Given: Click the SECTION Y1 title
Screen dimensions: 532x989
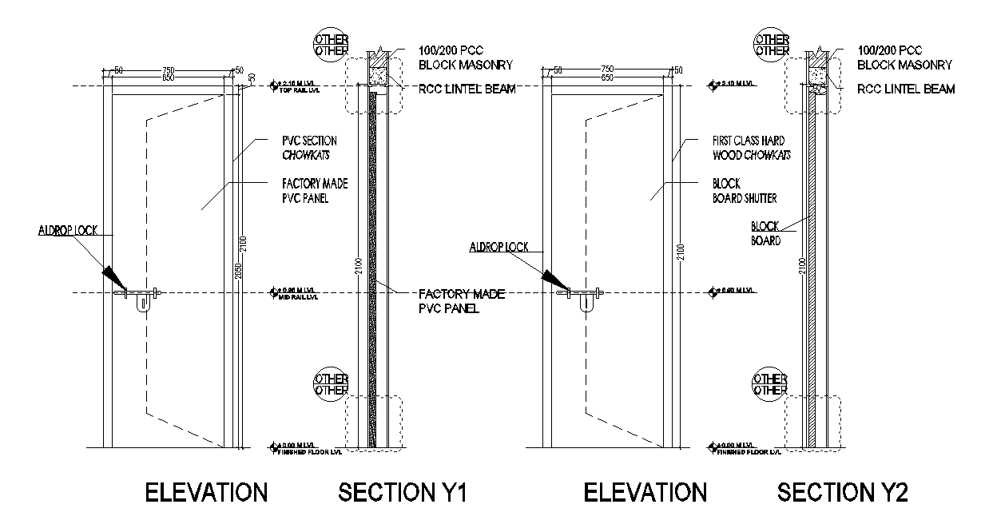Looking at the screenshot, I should tap(402, 493).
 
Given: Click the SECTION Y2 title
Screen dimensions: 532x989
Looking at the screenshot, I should tap(843, 493).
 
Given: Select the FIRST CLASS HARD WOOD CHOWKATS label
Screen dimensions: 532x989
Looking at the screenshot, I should tap(752, 147).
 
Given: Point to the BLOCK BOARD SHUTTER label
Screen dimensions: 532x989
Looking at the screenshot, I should tap(744, 191).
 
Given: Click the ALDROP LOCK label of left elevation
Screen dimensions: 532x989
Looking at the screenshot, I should tap(68, 231).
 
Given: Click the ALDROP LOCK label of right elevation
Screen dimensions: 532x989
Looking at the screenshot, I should tap(498, 248).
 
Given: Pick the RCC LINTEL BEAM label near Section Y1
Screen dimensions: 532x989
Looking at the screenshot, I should tap(466, 89).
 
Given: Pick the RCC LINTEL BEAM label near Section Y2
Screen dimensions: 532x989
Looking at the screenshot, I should tap(906, 89).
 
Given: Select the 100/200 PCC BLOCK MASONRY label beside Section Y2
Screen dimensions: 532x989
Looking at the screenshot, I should tap(904, 58).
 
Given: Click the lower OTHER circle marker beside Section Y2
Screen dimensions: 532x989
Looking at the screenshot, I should tap(771, 384).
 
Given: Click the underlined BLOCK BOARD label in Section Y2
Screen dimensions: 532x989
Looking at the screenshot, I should tap(765, 233).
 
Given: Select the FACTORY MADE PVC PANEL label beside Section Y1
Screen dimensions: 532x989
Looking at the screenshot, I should tap(461, 301).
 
